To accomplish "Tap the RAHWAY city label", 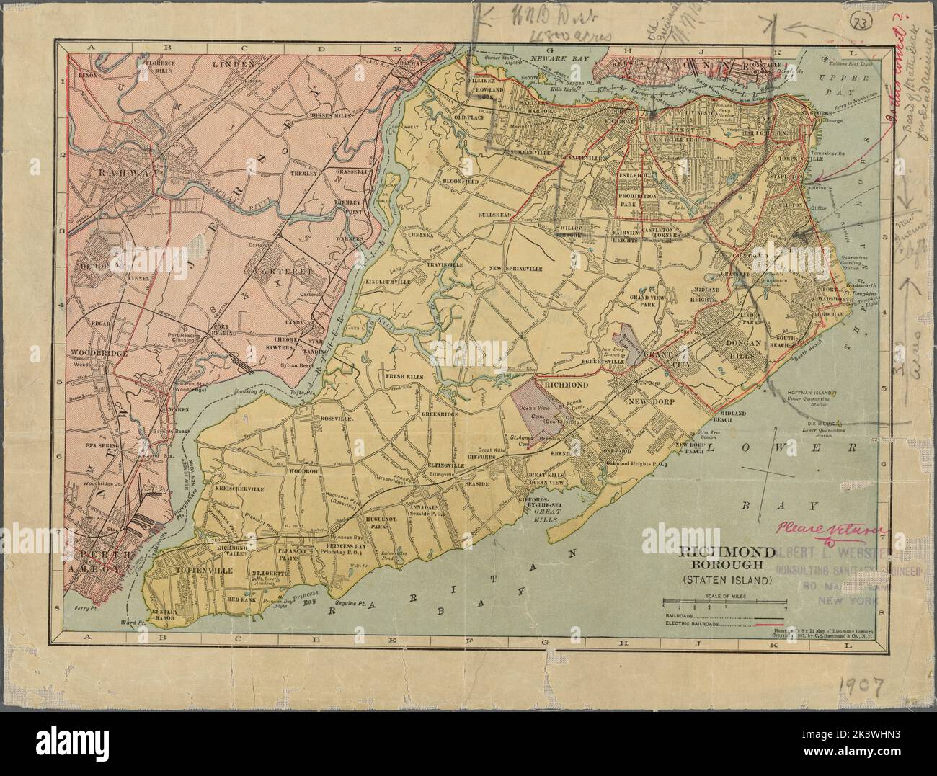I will pyautogui.click(x=119, y=173).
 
